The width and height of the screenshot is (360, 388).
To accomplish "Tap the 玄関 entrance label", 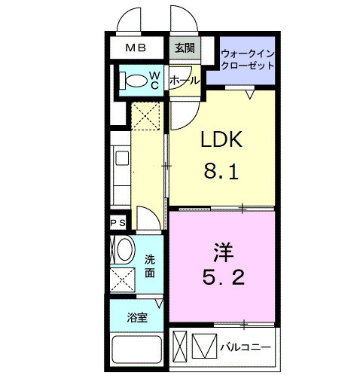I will (x=184, y=48).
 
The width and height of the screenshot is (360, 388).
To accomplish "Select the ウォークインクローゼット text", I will (x=248, y=60).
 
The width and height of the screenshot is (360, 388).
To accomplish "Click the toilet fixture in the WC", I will (x=136, y=79).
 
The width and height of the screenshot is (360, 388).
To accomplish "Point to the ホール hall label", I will (x=185, y=80).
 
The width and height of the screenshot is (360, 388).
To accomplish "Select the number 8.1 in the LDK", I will (x=221, y=173).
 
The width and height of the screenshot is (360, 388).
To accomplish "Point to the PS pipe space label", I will (x=118, y=223).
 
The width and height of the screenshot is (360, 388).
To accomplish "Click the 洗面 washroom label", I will (x=150, y=265).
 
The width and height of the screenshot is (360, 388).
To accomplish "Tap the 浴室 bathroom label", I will (x=137, y=317).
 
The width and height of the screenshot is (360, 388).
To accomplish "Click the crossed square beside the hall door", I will (x=145, y=116).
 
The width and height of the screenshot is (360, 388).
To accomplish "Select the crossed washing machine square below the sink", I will (x=122, y=280).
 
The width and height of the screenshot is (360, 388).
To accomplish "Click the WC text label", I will (x=153, y=79).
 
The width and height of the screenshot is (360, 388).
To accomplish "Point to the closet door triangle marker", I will (x=249, y=94).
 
